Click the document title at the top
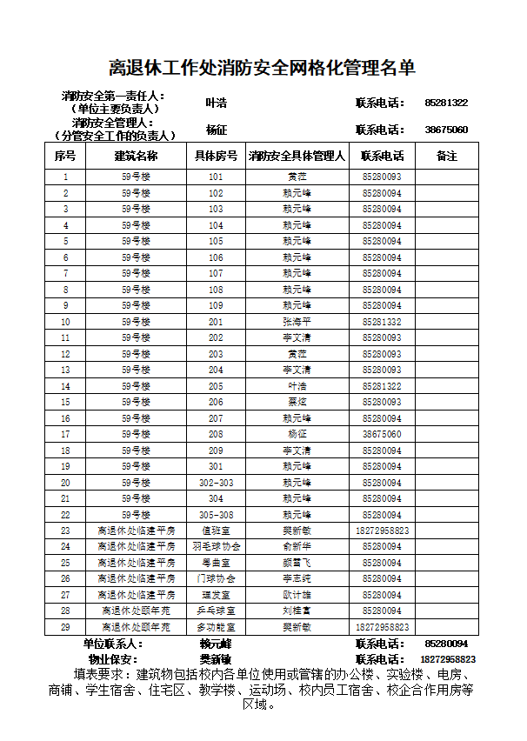pos(263,67)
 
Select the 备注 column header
pos(446,157)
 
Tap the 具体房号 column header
pos(216,157)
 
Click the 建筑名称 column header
pos(136,157)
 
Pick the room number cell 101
pos(216,177)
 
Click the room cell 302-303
pos(216,483)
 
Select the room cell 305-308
pos(216,515)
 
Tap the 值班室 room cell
pos(216,531)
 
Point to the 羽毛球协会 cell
pos(216,547)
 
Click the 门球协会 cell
pos(216,579)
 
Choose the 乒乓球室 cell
pos(216,611)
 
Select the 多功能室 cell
pos(216,627)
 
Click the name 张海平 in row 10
pos(297,322)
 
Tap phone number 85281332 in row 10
pos(382,322)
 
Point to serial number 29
pos(65,627)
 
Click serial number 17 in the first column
pos(65,434)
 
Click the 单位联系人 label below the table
pos(113,644)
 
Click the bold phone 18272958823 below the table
pos(447,660)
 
